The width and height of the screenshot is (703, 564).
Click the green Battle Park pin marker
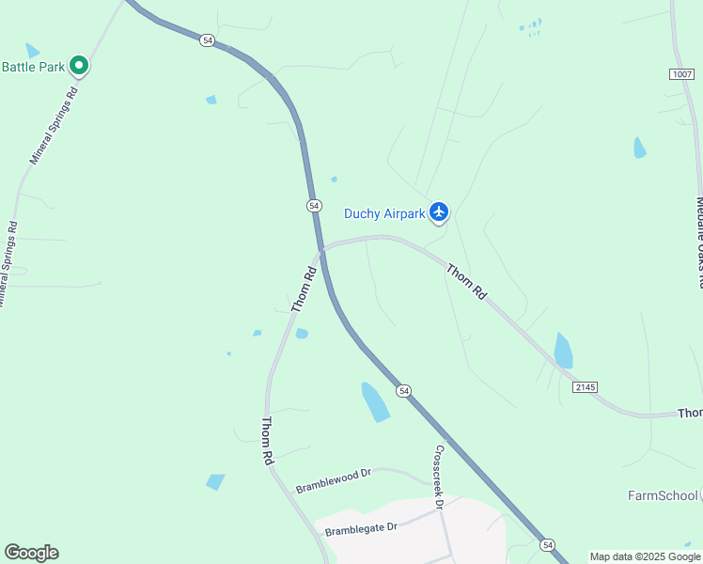tap(80, 66)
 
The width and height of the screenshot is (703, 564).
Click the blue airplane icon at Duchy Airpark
tap(438, 212)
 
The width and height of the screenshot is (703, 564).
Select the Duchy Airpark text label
tap(384, 213)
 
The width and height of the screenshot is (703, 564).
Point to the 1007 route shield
tap(682, 73)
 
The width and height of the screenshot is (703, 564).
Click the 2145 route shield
tap(583, 387)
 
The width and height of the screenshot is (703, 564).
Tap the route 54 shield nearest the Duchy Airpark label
tap(315, 205)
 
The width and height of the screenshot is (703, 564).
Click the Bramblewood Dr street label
tap(334, 481)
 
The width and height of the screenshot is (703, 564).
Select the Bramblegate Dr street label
tap(362, 529)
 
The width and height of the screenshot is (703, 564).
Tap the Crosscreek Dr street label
tap(437, 477)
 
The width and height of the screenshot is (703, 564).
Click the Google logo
tap(31, 553)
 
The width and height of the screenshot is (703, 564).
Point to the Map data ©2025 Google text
tap(645, 556)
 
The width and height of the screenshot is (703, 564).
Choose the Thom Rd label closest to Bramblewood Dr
tap(267, 442)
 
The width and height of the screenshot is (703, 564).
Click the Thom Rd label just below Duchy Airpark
tap(466, 282)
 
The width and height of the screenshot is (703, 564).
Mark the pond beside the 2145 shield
tap(563, 351)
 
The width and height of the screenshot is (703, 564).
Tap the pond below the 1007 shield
tap(640, 148)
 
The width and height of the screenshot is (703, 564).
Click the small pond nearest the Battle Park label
tap(33, 50)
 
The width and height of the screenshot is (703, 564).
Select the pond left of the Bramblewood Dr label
tap(215, 482)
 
